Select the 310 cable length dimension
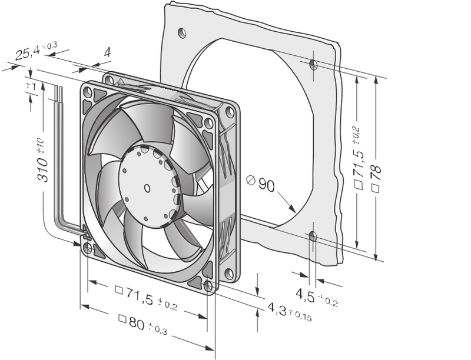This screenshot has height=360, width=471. click(x=42, y=160)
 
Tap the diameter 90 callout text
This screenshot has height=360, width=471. click(x=260, y=184)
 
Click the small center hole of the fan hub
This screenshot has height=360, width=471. click(x=147, y=188)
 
